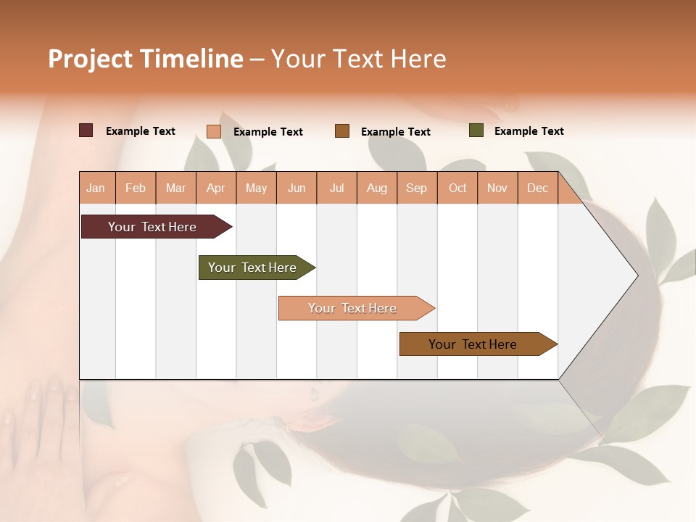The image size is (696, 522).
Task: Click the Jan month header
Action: click(x=96, y=188)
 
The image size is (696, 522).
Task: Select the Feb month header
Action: click(x=136, y=188)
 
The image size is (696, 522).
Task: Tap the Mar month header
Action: click(x=175, y=188)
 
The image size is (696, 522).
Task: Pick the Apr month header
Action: click(x=216, y=188)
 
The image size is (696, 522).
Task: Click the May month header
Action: click(x=256, y=188)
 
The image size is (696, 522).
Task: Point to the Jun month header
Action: click(x=297, y=188)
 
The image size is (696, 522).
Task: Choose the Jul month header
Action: click(x=336, y=188)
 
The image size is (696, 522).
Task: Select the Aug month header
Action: click(x=377, y=188)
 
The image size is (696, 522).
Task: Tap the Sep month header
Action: click(x=417, y=188)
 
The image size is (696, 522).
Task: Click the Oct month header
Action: click(x=457, y=188)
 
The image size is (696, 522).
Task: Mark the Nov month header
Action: click(x=497, y=188)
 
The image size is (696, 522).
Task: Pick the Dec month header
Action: click(x=538, y=188)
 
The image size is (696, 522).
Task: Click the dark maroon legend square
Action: click(x=86, y=130)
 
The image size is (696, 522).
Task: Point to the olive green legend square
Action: click(x=476, y=130)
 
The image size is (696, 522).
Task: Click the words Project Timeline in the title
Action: click(x=146, y=59)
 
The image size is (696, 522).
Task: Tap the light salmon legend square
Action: click(x=213, y=131)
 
